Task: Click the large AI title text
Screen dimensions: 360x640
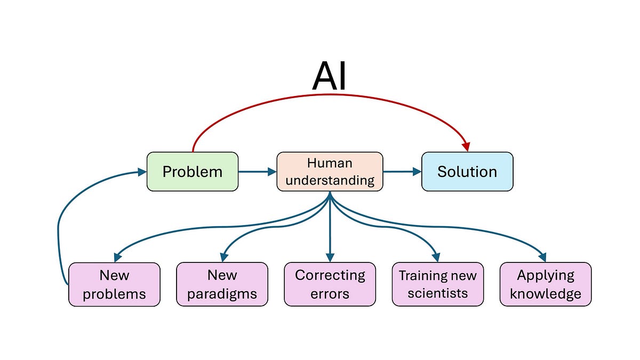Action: coord(329,76)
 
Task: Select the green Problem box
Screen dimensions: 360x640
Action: coord(193,172)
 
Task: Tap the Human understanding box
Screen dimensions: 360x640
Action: coord(330,172)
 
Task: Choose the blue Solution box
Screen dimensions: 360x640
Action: coord(467,172)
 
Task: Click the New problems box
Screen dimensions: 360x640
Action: coord(114,284)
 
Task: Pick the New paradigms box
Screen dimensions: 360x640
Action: coord(222,284)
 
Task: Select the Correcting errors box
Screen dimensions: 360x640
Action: coord(330,284)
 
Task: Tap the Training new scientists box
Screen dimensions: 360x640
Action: coord(437,284)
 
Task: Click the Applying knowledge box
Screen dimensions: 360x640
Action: coord(545,284)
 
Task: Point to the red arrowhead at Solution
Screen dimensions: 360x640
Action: coord(466,146)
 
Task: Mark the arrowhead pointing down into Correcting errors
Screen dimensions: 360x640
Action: coord(330,257)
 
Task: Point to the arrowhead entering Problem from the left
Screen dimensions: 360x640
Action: coord(141,172)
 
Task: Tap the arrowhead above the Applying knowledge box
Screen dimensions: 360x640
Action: coord(542,257)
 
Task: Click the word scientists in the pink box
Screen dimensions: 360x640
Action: coord(437,293)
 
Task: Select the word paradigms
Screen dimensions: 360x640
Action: coord(222,294)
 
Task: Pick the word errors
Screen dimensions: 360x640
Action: coord(330,294)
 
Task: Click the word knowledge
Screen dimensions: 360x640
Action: coord(545,294)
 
